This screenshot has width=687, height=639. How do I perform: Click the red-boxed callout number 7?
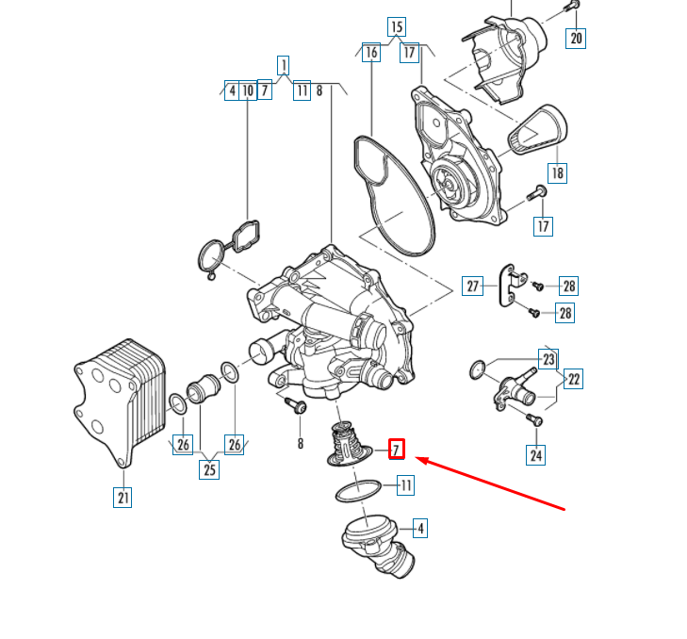(x=397, y=449)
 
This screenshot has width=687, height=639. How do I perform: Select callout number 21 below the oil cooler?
(x=123, y=497)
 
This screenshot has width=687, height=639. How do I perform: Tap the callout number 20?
(x=576, y=38)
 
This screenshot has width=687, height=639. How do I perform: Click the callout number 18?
(x=557, y=172)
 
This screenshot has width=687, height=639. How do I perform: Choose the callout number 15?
(x=396, y=26)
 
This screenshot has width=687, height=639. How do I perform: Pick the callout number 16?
(x=371, y=53)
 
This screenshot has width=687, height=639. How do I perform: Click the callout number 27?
(x=473, y=286)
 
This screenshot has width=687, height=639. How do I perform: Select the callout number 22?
(x=573, y=379)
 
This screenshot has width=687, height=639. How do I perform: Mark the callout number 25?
(x=209, y=467)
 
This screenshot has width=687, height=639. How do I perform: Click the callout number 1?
(x=283, y=65)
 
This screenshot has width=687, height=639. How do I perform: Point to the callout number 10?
(x=248, y=90)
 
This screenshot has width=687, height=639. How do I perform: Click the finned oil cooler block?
(x=118, y=401)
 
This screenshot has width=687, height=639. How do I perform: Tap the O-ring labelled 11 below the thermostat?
(x=358, y=491)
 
